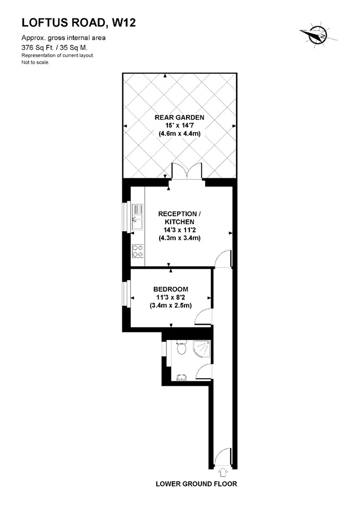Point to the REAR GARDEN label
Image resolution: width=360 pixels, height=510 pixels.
pyautogui.click(x=179, y=117)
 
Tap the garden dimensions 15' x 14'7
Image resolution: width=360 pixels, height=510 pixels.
pyautogui.click(x=179, y=126)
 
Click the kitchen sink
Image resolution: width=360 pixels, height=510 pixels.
pyautogui.click(x=137, y=219)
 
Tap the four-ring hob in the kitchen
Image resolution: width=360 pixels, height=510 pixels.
pyautogui.click(x=138, y=250)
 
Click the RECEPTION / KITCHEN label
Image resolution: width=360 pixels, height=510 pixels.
pyautogui.click(x=179, y=218)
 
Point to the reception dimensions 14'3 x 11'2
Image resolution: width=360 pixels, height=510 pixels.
pyautogui.click(x=179, y=230)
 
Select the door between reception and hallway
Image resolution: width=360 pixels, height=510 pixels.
pyautogui.click(x=224, y=259)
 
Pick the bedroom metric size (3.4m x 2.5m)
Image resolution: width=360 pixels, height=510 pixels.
pyautogui.click(x=171, y=305)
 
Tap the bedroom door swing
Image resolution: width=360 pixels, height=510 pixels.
pyautogui.click(x=204, y=317)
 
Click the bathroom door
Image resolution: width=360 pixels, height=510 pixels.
pyautogui.click(x=204, y=372)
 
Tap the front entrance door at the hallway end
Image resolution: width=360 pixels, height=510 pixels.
pyautogui.click(x=223, y=457)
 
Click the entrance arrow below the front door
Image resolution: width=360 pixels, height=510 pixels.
pyautogui.click(x=223, y=470)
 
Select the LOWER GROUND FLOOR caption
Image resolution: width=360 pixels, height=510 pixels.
pyautogui.click(x=196, y=484)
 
